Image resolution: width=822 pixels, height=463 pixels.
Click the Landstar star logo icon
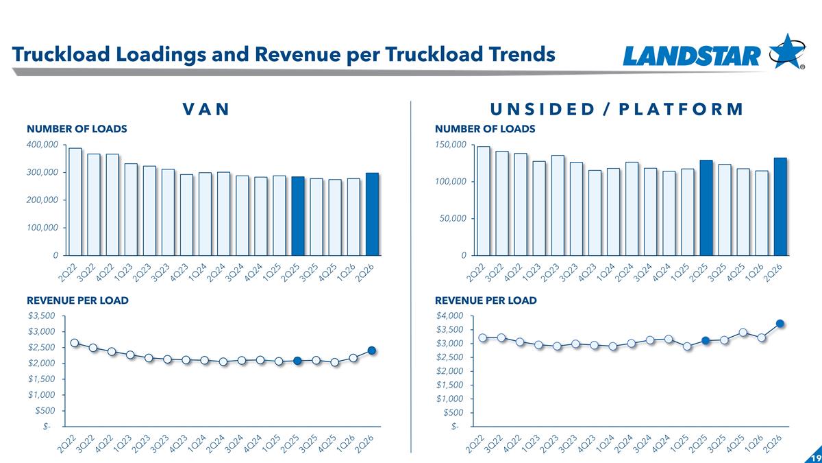(788, 51)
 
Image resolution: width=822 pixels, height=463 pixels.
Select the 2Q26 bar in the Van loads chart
(372, 214)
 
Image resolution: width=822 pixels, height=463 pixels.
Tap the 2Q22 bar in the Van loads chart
(75, 202)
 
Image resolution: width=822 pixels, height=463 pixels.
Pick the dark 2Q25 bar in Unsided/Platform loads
(706, 208)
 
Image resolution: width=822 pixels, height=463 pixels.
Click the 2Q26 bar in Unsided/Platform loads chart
(780, 206)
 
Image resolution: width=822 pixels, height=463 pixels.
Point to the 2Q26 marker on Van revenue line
(372, 351)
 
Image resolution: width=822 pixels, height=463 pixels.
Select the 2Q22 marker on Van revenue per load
(75, 343)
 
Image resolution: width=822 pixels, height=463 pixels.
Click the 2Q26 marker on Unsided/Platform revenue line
(780, 323)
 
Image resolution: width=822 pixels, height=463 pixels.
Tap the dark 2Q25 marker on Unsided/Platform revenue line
(706, 341)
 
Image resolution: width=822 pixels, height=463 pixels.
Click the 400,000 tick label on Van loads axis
(42, 145)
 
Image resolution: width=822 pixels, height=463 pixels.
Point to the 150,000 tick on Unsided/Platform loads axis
(451, 145)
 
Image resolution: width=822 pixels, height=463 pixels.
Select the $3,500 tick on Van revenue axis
(42, 316)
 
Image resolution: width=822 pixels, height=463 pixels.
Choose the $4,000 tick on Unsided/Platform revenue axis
(449, 316)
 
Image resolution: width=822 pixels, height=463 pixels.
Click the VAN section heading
(206, 109)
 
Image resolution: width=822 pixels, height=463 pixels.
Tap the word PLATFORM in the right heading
(681, 109)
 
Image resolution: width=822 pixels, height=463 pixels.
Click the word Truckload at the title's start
(61, 54)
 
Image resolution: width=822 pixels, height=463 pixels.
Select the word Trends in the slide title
(525, 54)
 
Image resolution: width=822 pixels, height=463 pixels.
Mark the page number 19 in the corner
(818, 458)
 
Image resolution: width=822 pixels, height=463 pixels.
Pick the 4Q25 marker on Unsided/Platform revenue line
(743, 333)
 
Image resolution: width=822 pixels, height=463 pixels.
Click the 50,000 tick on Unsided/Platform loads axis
(453, 219)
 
